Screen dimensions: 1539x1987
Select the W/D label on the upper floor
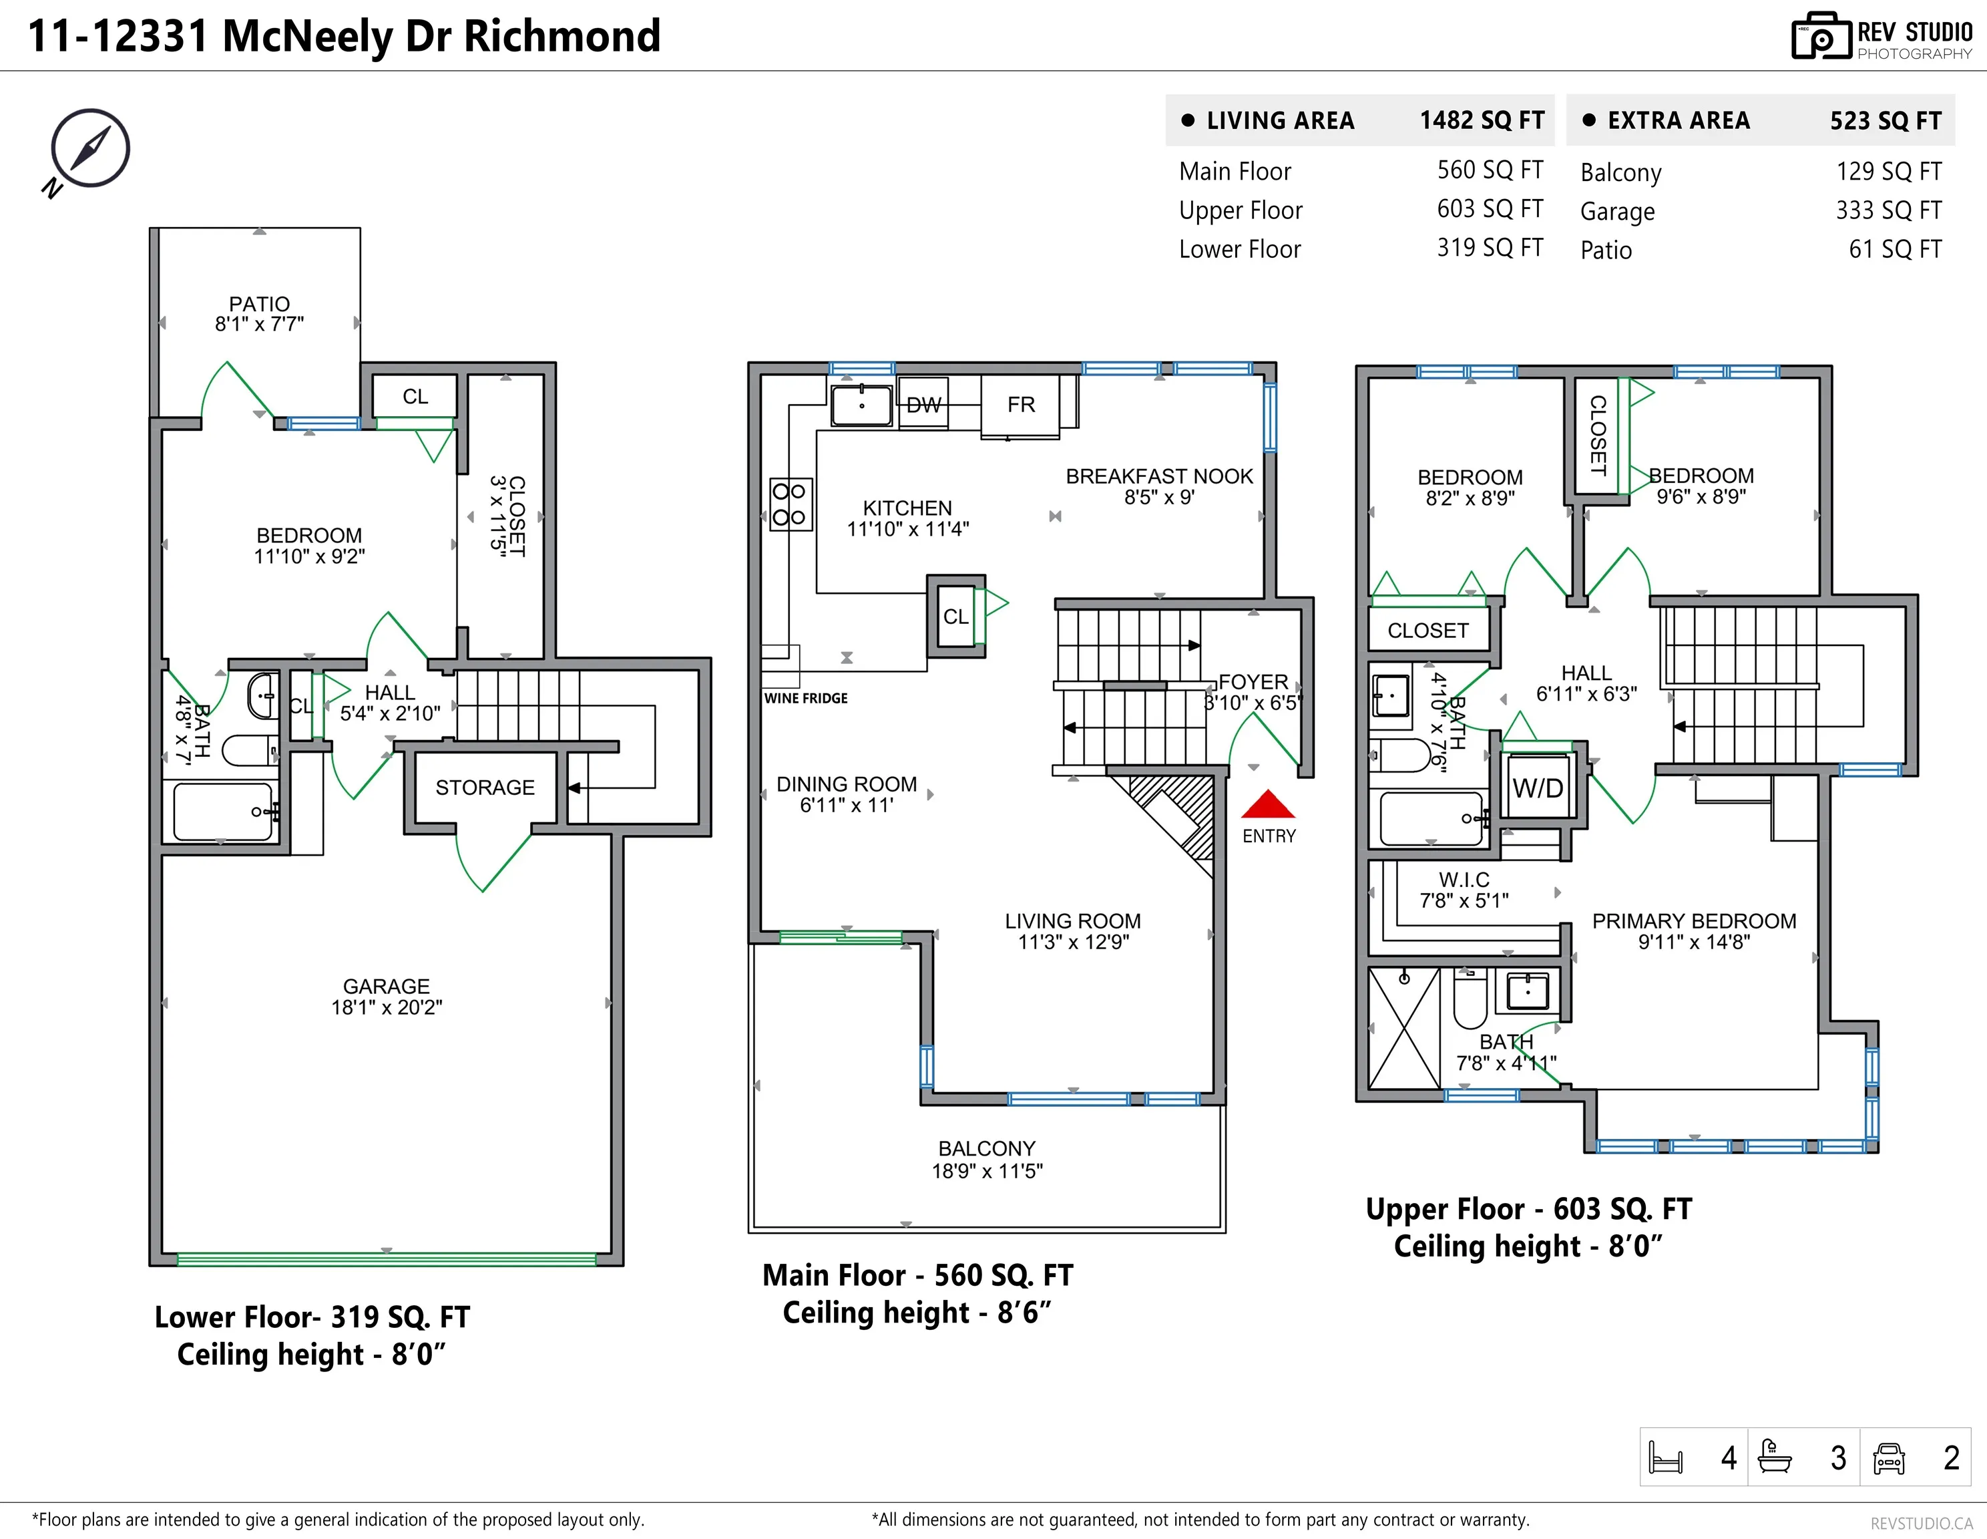1538,788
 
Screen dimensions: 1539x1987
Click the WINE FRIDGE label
805,698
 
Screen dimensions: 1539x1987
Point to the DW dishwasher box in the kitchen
923,405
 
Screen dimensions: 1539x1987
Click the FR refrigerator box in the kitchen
1020,404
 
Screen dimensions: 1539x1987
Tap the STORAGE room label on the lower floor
484,788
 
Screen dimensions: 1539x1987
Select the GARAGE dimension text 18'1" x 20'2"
387,1007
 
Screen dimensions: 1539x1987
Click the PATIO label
259,304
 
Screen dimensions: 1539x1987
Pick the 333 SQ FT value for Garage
1889,210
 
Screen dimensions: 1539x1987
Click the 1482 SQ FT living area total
1482,120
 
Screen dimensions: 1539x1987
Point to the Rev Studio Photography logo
1882,37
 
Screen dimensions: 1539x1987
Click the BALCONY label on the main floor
986,1148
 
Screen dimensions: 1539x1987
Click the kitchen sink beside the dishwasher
861,405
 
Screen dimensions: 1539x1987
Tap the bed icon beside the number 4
1666,1458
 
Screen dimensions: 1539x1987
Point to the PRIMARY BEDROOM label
1693,921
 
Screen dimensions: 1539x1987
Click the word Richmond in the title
562,37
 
